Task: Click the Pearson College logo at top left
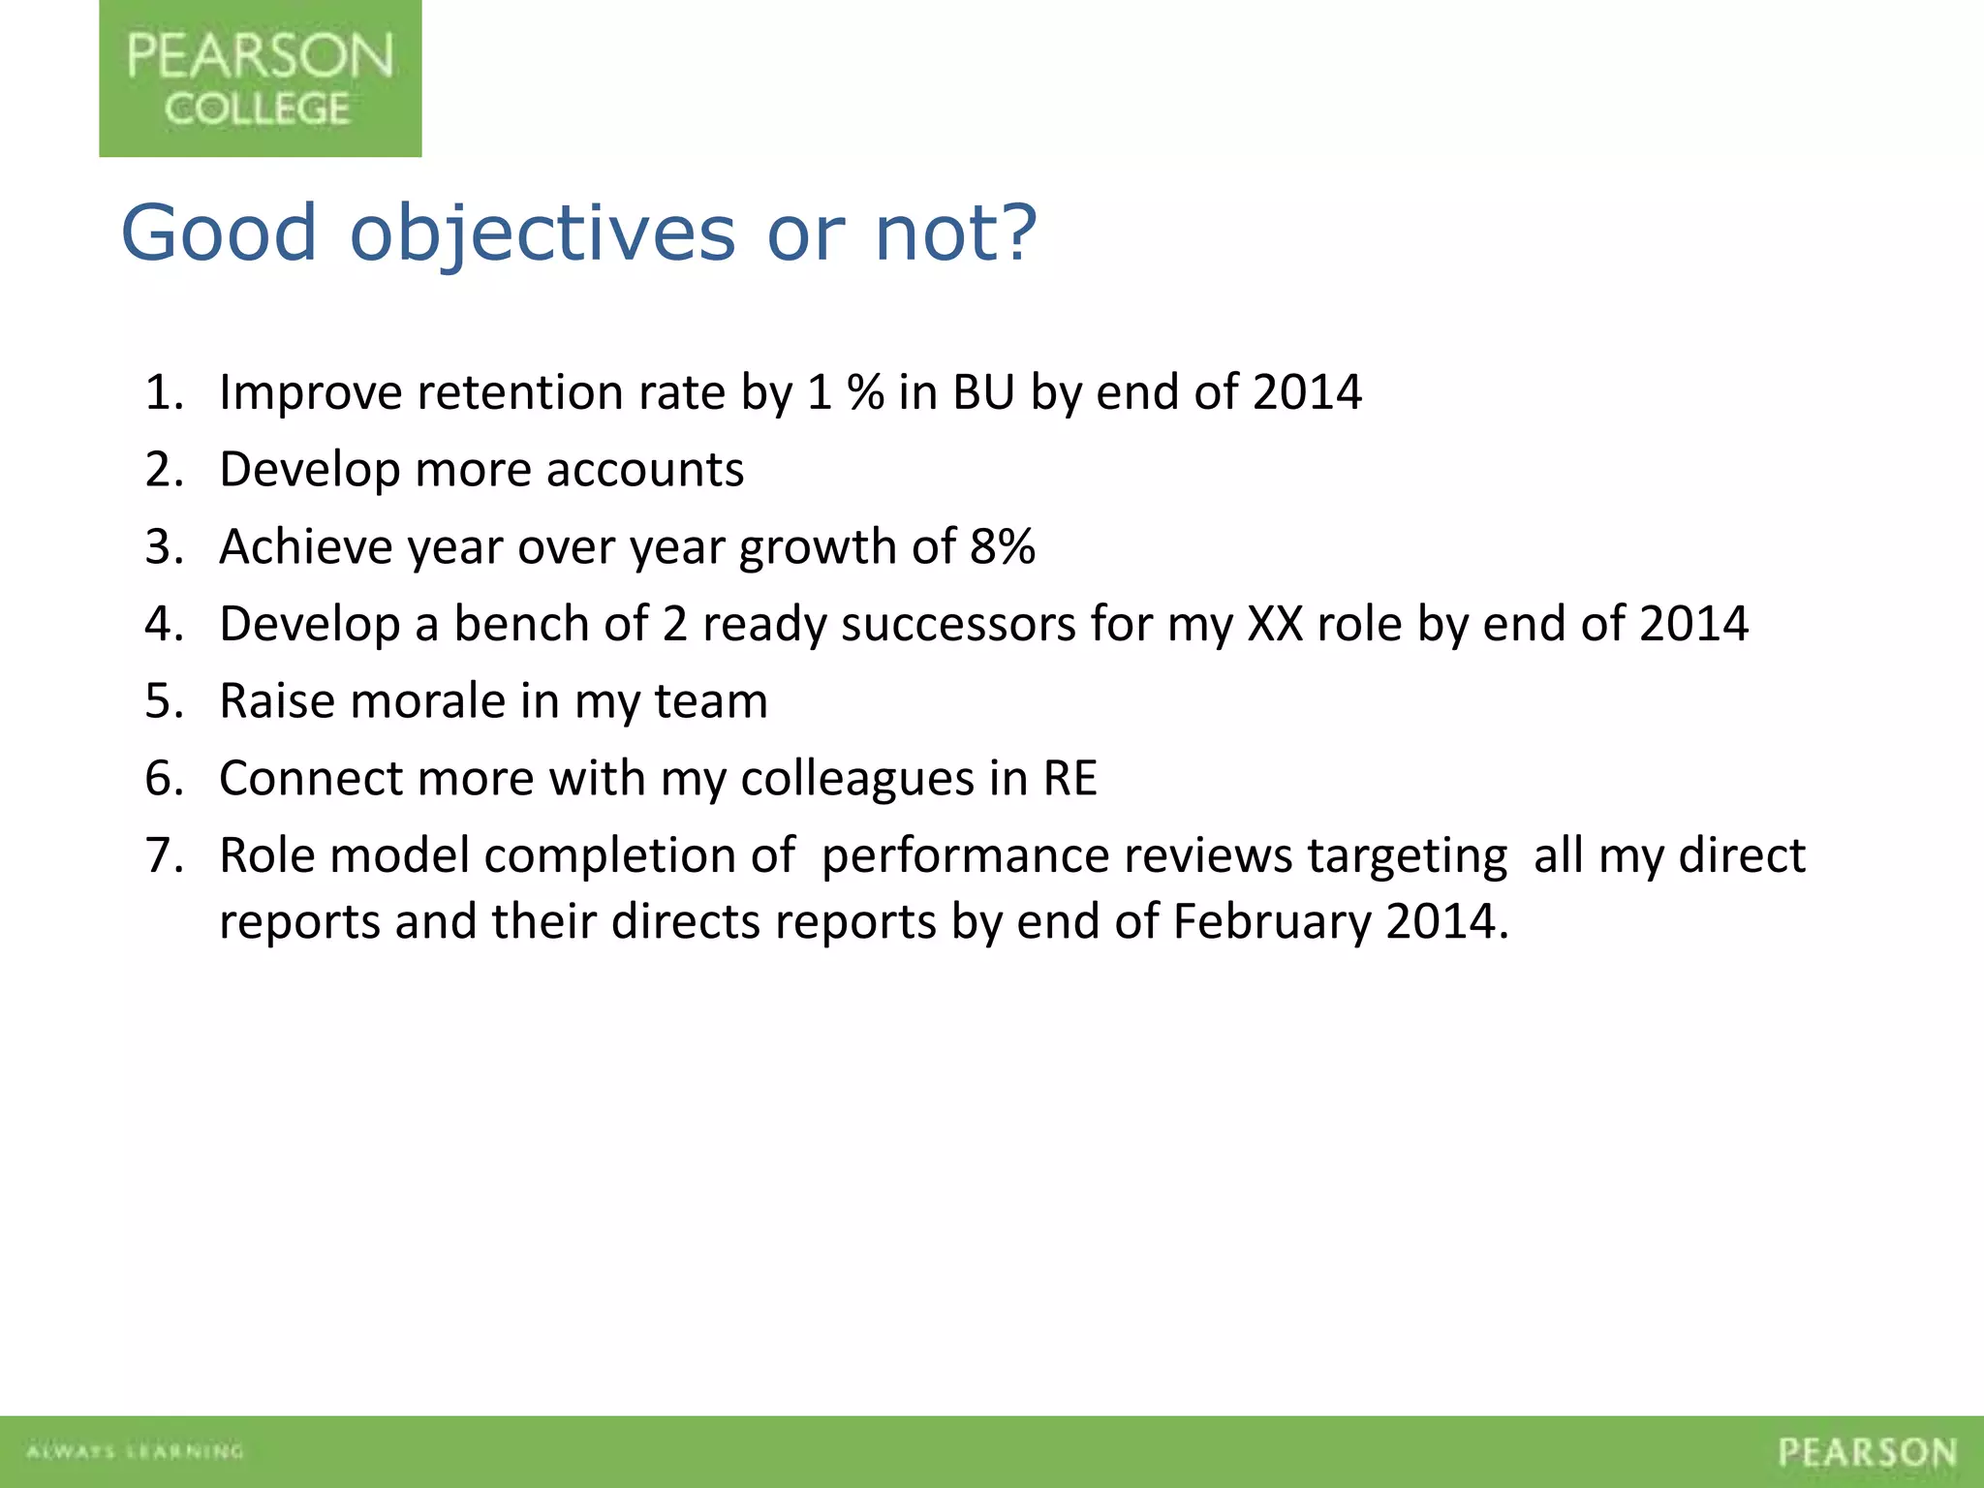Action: click(x=260, y=78)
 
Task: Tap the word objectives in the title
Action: click(x=542, y=234)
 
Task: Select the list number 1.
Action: click(x=163, y=393)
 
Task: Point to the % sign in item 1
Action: click(x=865, y=393)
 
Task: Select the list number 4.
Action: click(x=163, y=625)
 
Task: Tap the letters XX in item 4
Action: click(x=1275, y=625)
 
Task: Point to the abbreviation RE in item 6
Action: click(x=1069, y=779)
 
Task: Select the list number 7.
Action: click(x=163, y=856)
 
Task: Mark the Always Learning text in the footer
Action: click(x=135, y=1451)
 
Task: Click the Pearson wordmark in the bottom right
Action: click(x=1867, y=1452)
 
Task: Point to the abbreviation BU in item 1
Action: click(x=983, y=393)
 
